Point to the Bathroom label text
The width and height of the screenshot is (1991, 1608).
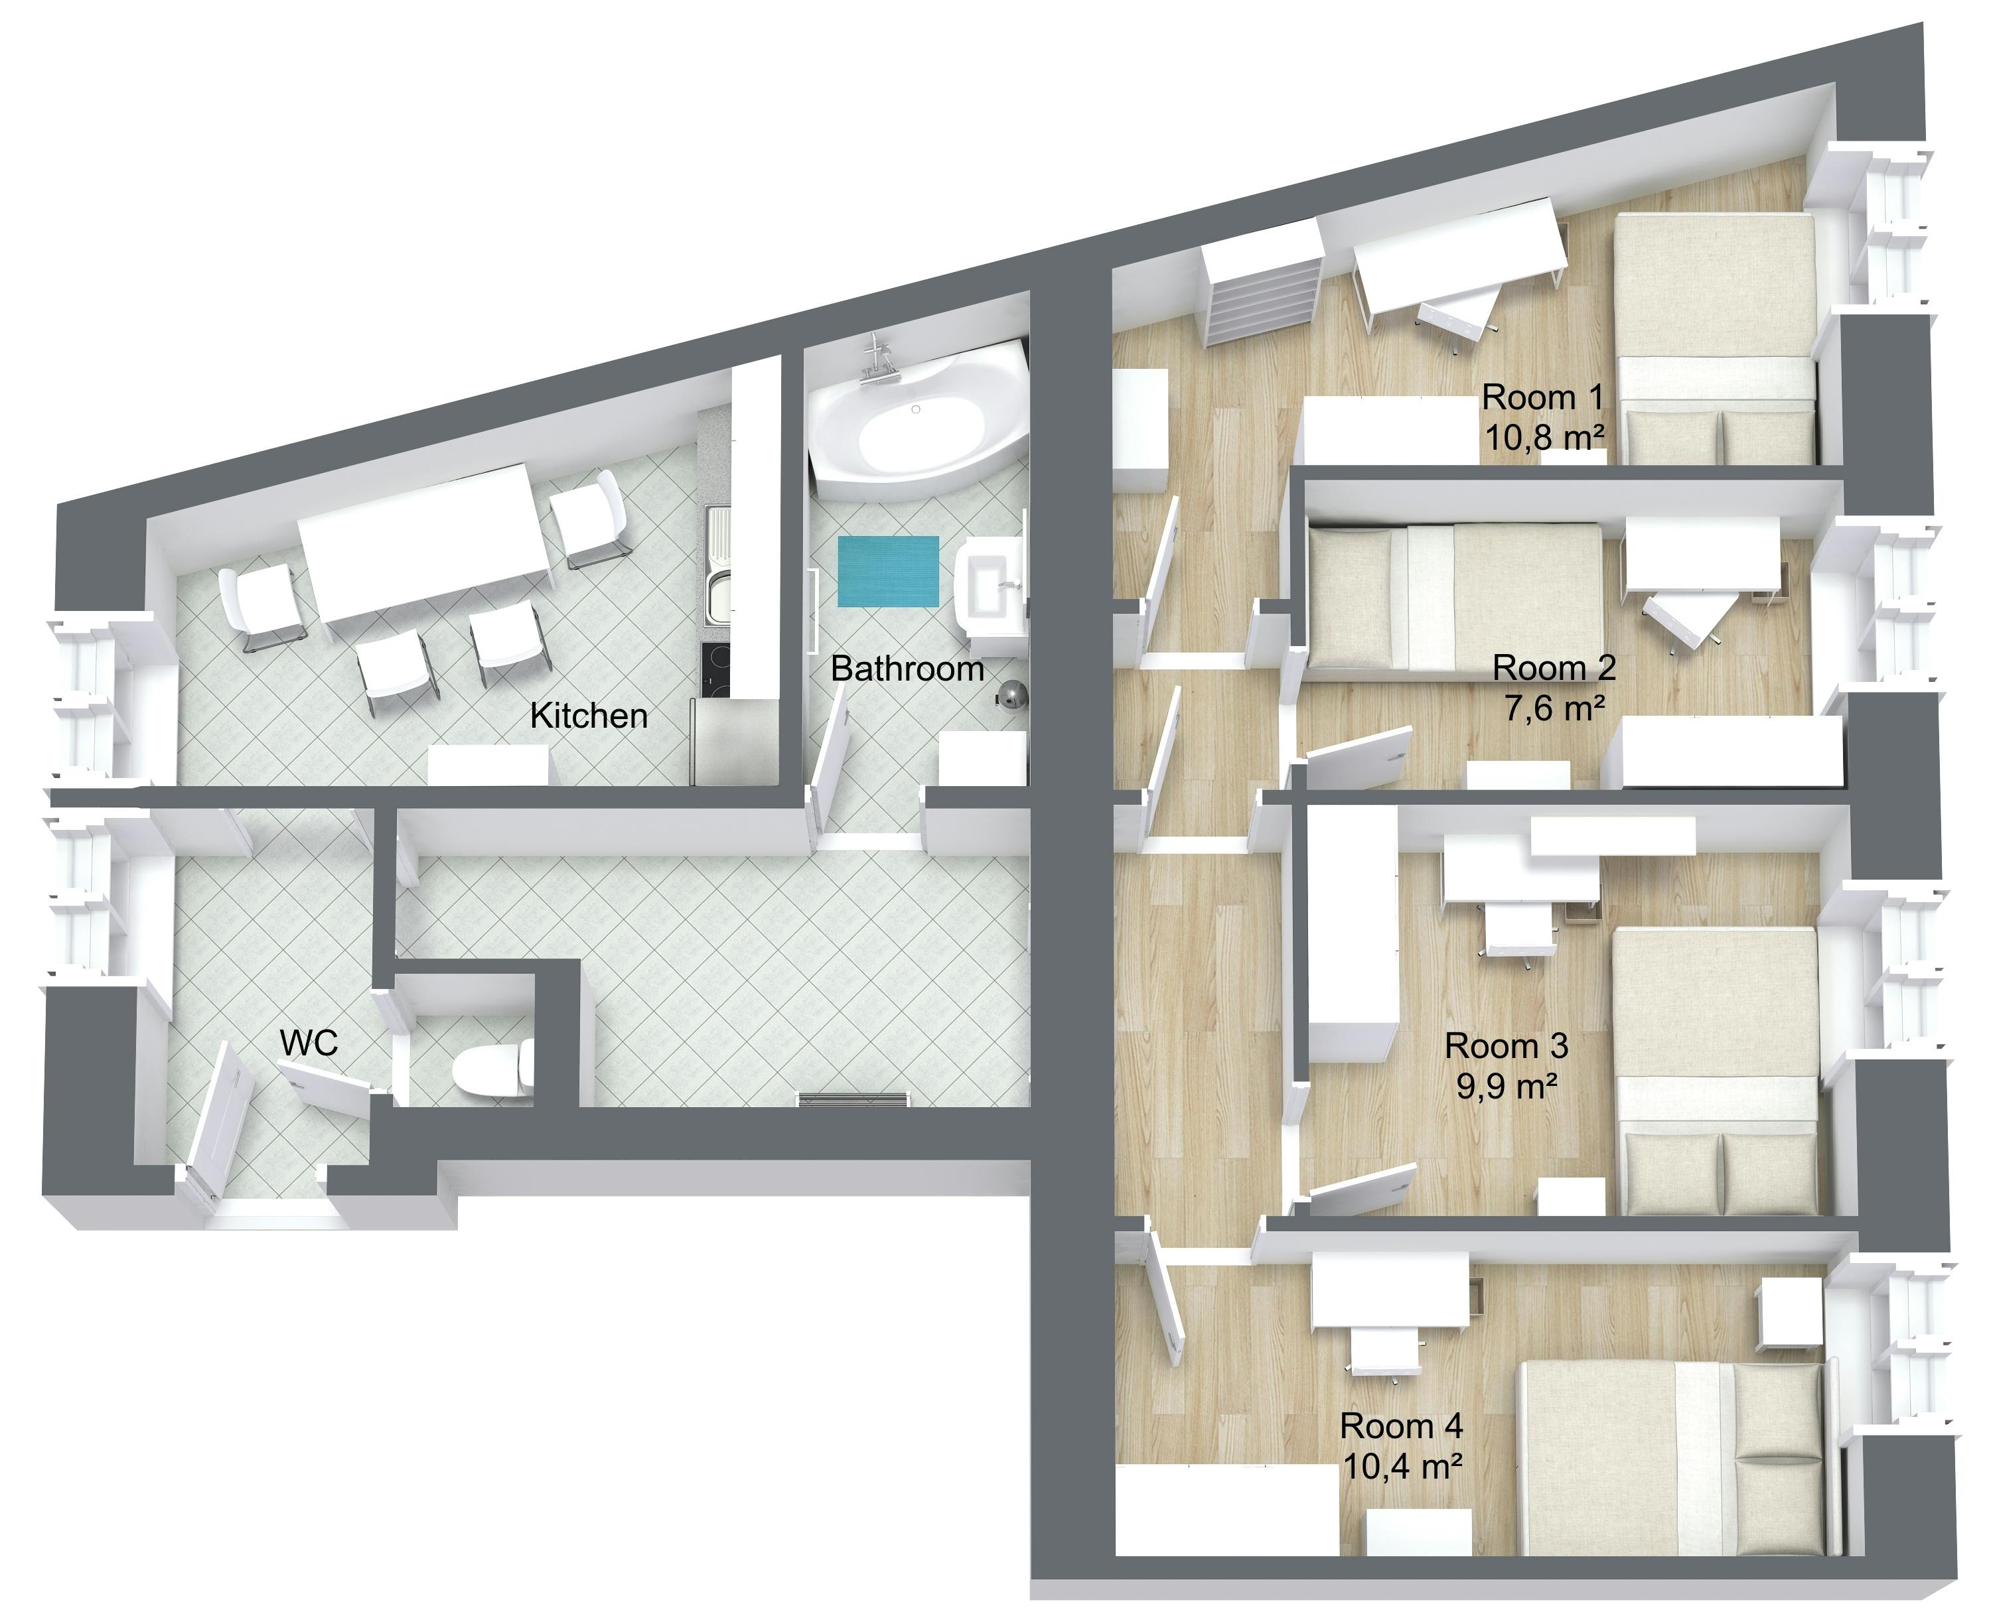[x=907, y=668]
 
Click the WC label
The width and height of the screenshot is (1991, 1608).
[x=309, y=1043]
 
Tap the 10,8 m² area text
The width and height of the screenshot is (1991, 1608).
[x=1544, y=436]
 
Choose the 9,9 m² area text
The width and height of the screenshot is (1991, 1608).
[x=1505, y=1085]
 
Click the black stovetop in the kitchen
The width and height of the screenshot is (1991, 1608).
[x=715, y=670]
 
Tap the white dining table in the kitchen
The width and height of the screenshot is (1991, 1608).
[x=426, y=542]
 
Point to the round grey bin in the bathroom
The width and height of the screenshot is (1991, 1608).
[x=1010, y=695]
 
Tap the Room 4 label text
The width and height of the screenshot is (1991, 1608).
[x=1401, y=1426]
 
